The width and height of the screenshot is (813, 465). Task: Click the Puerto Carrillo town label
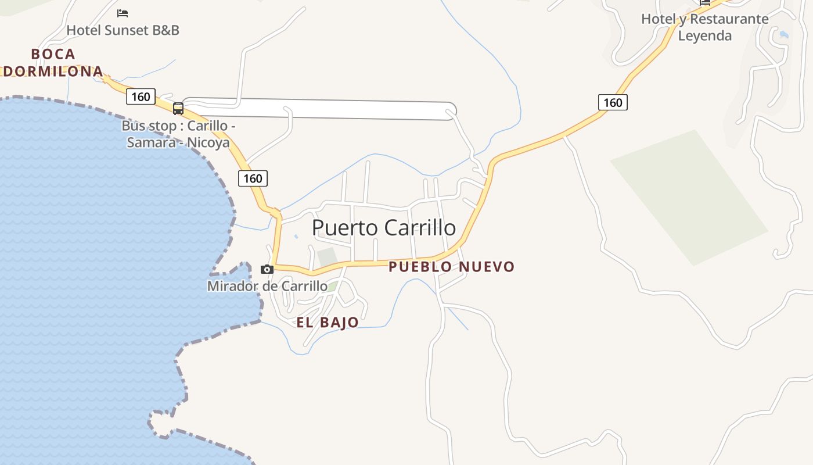tap(384, 227)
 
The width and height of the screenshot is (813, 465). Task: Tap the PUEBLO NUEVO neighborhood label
tap(451, 267)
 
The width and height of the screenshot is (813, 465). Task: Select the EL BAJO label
tap(328, 323)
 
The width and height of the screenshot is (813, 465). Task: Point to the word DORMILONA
tap(53, 71)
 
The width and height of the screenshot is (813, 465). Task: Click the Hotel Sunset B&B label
tap(123, 30)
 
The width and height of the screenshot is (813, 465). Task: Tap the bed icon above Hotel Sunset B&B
tap(123, 13)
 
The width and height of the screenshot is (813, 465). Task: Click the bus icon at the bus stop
tap(178, 108)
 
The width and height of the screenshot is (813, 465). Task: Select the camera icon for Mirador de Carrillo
tap(267, 269)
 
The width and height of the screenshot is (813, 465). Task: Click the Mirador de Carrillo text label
tap(267, 286)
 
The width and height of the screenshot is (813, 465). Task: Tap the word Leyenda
tap(705, 35)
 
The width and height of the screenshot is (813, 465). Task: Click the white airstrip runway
tap(325, 109)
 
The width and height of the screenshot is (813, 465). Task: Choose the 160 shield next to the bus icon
tap(141, 96)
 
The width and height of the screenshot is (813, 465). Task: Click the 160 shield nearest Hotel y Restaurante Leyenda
tap(613, 103)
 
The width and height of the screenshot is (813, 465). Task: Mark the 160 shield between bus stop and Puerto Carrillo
tap(253, 178)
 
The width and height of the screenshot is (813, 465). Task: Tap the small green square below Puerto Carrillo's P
tap(327, 257)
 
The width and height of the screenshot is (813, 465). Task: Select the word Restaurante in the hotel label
tap(729, 19)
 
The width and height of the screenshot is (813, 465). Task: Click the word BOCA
tap(53, 54)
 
